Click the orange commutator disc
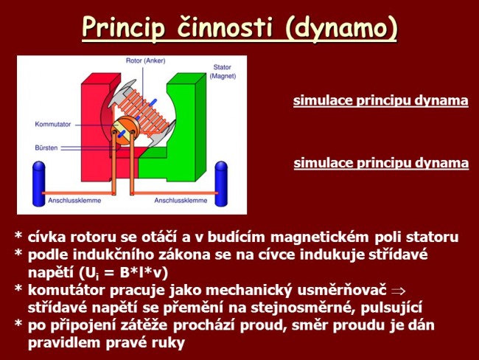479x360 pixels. pos(122,133)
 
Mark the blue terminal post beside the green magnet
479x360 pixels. pos(220,185)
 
